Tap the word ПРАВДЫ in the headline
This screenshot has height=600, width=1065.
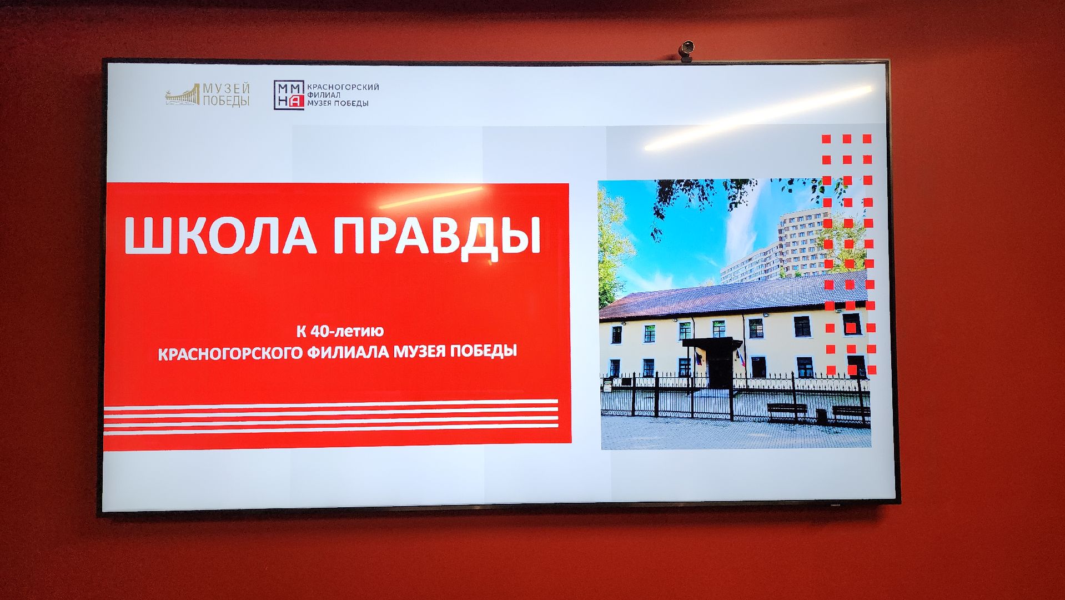click(437, 237)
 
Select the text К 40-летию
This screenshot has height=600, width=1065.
click(340, 332)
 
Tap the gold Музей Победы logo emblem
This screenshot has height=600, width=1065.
click(182, 96)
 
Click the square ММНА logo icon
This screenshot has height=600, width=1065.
click(289, 95)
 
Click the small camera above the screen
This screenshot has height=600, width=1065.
click(687, 48)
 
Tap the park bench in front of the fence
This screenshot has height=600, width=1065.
click(787, 409)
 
